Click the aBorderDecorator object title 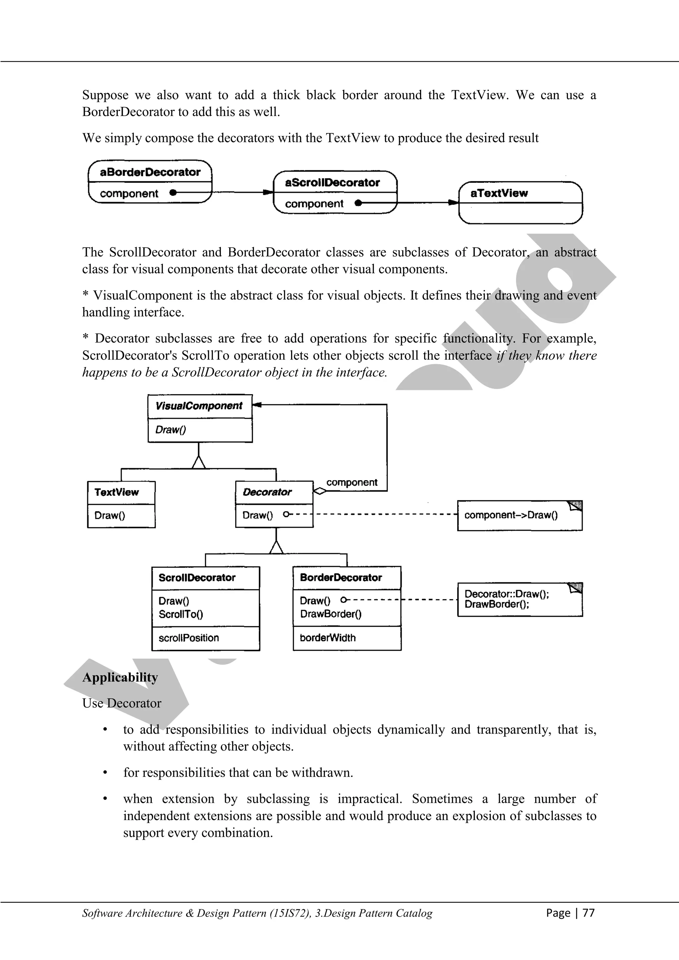pyautogui.click(x=150, y=172)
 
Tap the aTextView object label pyautogui.click(x=499, y=193)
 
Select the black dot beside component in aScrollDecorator pyautogui.click(x=358, y=203)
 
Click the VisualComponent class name pyautogui.click(x=199, y=406)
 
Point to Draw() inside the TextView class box pyautogui.click(x=109, y=515)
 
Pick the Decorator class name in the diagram pyautogui.click(x=267, y=492)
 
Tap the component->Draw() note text pyautogui.click(x=511, y=515)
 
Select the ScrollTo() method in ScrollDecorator pyautogui.click(x=181, y=614)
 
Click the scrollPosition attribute pyautogui.click(x=189, y=638)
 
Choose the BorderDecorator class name pyautogui.click(x=341, y=578)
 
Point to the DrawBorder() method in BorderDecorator pyautogui.click(x=331, y=614)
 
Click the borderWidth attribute pyautogui.click(x=328, y=638)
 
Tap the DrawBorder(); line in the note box pyautogui.click(x=497, y=604)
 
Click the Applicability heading pyautogui.click(x=120, y=677)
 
